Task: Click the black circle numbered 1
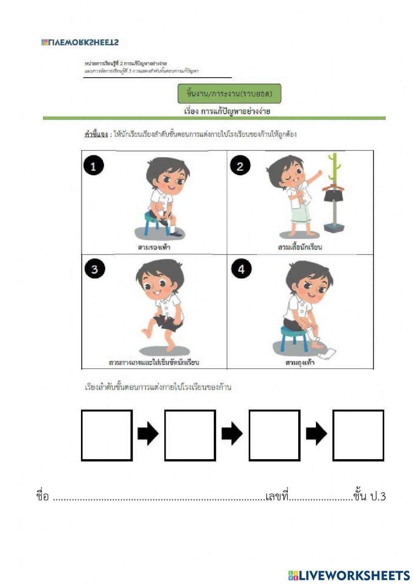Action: coord(93,166)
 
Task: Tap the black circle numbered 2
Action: coord(240,166)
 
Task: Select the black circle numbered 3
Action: coord(95,269)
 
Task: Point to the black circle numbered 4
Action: coord(241,269)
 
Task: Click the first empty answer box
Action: coord(107,435)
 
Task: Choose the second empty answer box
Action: coord(190,435)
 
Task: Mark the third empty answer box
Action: coord(274,435)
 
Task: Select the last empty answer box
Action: coord(358,435)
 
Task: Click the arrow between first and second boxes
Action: coord(148,434)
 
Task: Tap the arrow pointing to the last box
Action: coord(316,434)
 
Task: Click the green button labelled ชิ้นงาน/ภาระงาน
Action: coord(229,94)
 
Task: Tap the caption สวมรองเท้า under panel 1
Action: coord(154,247)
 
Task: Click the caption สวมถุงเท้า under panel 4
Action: coord(300,362)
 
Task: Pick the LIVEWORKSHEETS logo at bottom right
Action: coord(349,575)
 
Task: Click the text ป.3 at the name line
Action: coord(377,496)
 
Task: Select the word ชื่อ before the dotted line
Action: coord(43,496)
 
